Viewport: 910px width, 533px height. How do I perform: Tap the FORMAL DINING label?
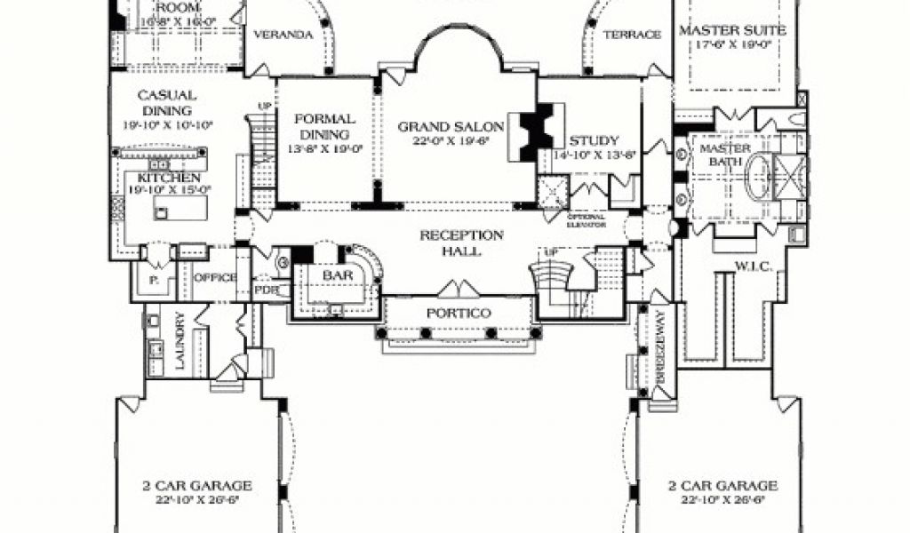(x=325, y=126)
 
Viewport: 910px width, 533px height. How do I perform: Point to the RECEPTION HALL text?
(x=461, y=243)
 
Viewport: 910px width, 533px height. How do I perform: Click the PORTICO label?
(x=459, y=314)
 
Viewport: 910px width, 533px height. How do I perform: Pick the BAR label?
(x=339, y=276)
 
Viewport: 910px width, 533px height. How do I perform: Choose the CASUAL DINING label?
(x=166, y=103)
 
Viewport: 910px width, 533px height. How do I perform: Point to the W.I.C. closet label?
(x=751, y=266)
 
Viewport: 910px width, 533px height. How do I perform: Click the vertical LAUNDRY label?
(x=180, y=340)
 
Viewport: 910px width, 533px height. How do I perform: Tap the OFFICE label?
(x=215, y=277)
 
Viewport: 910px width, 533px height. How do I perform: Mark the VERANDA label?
(x=284, y=36)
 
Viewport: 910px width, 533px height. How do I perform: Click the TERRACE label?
(x=633, y=36)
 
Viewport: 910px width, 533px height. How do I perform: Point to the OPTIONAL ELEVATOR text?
(x=587, y=220)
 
